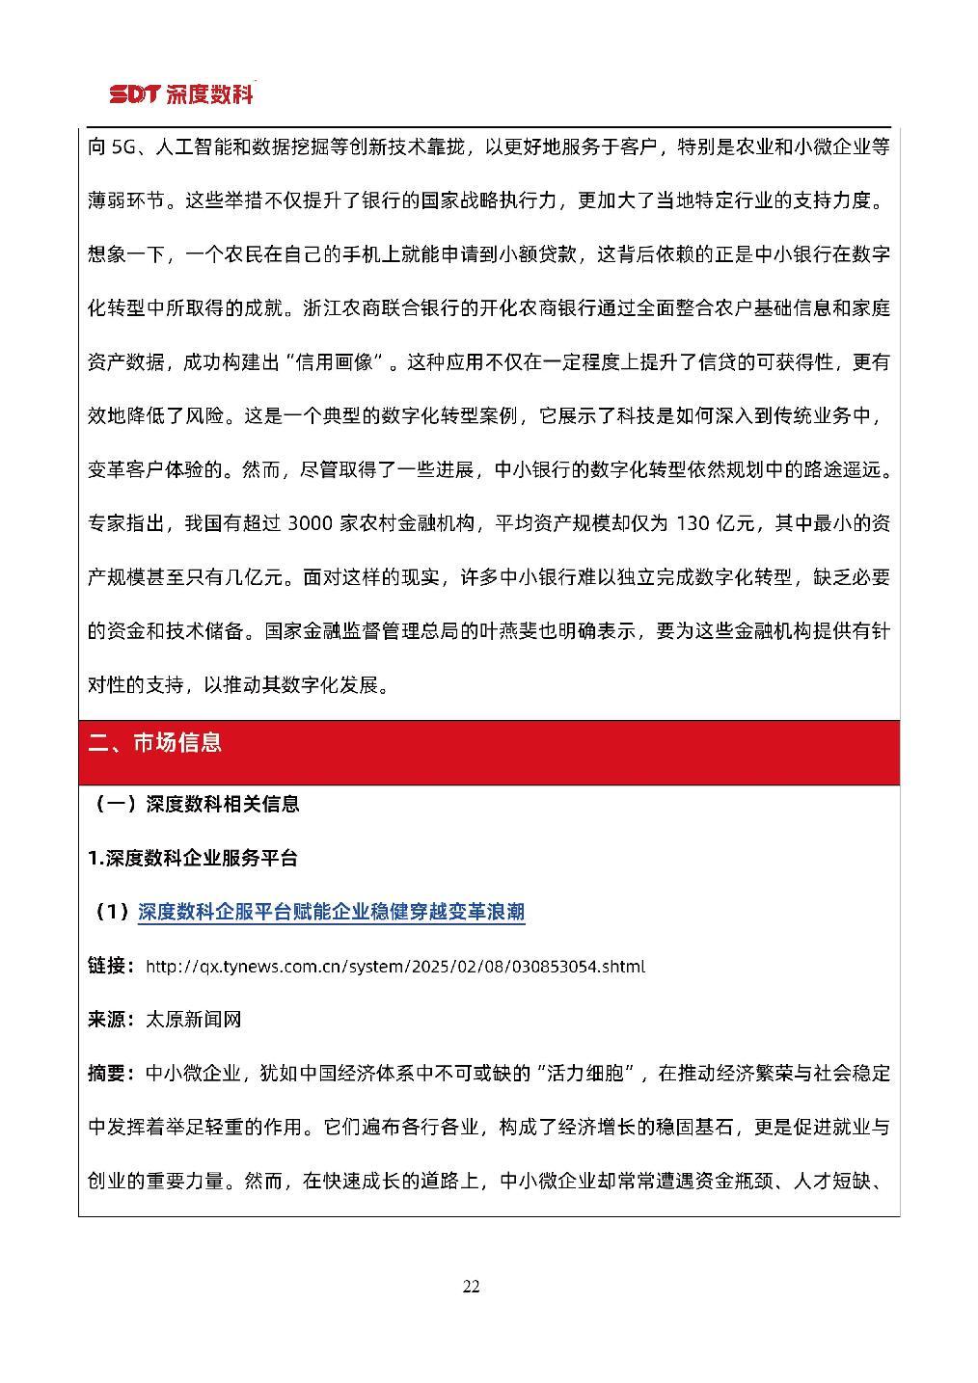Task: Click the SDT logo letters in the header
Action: (x=134, y=94)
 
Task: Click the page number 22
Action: (x=471, y=1287)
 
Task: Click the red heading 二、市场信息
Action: (x=155, y=742)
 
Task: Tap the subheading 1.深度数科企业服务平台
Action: (x=193, y=858)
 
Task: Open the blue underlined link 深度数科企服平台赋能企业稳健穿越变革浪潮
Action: (x=331, y=912)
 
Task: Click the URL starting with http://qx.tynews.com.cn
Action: (x=394, y=966)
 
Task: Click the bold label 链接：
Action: (x=111, y=966)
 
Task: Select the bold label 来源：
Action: (x=111, y=1019)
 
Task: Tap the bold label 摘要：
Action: (x=111, y=1073)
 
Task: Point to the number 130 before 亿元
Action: (x=693, y=523)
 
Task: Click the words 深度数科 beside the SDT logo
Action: (x=209, y=94)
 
